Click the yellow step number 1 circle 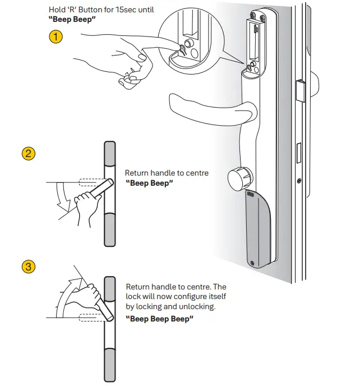[56, 38]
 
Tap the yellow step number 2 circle [28, 153]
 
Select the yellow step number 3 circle [28, 266]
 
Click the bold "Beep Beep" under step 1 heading [70, 19]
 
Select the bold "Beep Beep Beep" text [160, 319]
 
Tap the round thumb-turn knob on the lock [238, 180]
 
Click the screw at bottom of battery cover [253, 263]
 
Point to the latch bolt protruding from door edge [300, 90]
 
